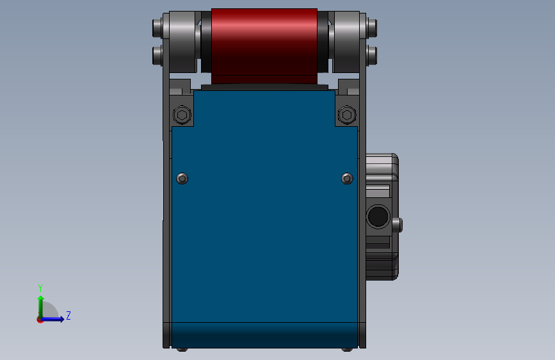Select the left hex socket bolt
click(182, 115)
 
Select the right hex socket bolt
click(347, 115)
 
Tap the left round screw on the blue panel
click(182, 178)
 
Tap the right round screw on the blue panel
click(347, 178)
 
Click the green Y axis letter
click(40, 288)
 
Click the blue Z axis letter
click(68, 315)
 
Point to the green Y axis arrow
click(41, 307)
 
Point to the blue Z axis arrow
click(52, 319)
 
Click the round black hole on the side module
click(378, 216)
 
